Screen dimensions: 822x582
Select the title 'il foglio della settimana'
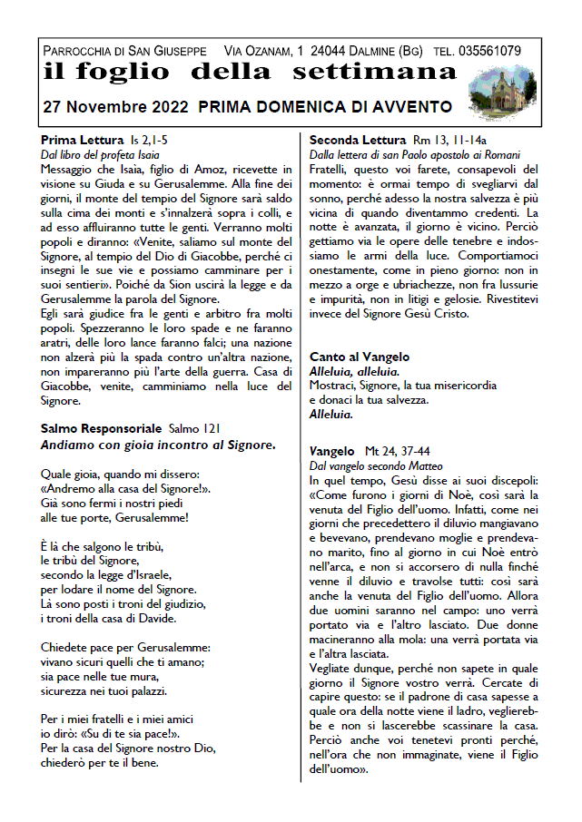(249, 72)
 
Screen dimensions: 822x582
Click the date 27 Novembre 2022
(113, 107)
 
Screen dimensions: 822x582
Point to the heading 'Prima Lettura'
(82, 141)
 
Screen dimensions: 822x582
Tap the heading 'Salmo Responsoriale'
(102, 428)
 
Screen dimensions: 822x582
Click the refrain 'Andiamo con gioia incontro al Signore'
(157, 445)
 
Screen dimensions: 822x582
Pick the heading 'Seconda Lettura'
(357, 141)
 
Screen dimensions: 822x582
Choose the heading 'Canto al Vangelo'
(360, 357)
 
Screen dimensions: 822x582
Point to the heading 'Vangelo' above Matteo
(331, 451)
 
